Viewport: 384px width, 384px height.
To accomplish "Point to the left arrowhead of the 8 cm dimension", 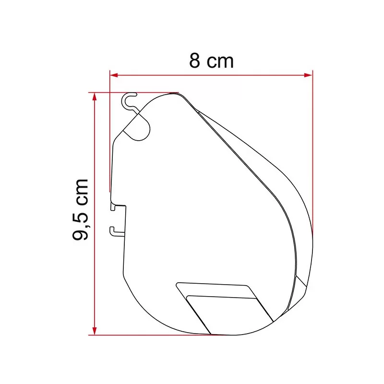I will [114, 74].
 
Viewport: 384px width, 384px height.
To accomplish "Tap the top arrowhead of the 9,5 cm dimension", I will [95, 96].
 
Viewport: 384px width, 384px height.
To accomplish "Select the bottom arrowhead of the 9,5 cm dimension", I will [95, 331].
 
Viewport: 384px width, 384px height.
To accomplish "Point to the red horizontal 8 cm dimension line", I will [211, 74].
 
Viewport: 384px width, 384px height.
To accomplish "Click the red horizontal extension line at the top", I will [144, 92].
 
